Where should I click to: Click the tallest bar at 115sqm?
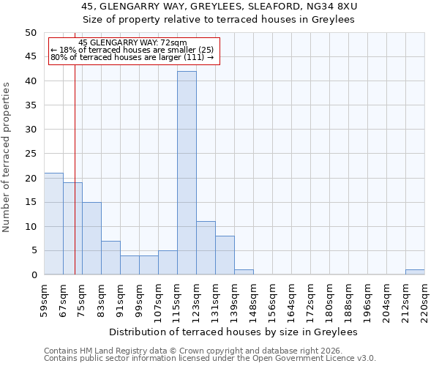[187, 173]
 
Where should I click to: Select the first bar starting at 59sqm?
[53, 224]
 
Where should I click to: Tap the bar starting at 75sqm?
[91, 239]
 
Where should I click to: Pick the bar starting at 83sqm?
[110, 258]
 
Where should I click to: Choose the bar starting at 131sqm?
[225, 255]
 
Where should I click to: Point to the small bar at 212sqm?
[415, 272]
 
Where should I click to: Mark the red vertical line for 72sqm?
[75, 183]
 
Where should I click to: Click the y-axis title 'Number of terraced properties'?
[7, 157]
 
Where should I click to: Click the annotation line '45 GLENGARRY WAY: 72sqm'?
[132, 43]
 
